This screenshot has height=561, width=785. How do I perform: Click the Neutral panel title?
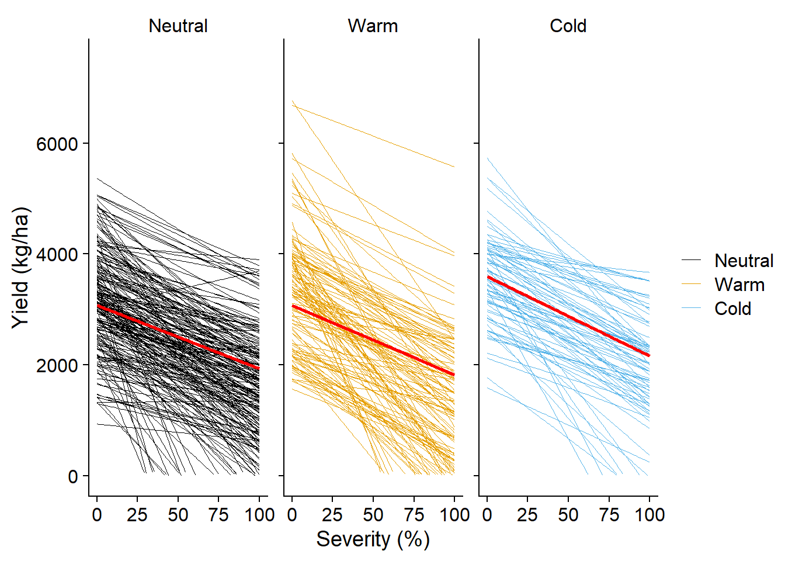click(x=178, y=26)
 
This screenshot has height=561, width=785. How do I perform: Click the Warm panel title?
click(x=373, y=26)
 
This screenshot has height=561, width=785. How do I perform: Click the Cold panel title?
click(x=568, y=26)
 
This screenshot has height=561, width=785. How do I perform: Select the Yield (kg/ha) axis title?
click(x=20, y=268)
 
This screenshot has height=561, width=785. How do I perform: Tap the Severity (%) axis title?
click(x=373, y=539)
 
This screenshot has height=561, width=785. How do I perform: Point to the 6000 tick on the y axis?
click(x=57, y=144)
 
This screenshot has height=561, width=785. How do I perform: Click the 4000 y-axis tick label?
click(x=57, y=255)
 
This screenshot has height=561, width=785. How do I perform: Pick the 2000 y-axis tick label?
click(x=57, y=365)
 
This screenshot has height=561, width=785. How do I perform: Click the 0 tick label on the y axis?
click(x=73, y=476)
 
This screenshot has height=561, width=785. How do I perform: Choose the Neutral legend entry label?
click(x=744, y=261)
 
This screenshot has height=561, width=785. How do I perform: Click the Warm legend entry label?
click(x=739, y=285)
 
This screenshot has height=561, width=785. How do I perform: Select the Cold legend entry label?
click(x=732, y=309)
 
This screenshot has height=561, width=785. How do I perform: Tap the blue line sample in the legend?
click(x=692, y=308)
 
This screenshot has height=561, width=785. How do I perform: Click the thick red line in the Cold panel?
click(x=568, y=316)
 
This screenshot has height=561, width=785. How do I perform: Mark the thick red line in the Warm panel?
click(x=373, y=340)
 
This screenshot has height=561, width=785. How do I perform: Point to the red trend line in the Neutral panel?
click(x=178, y=337)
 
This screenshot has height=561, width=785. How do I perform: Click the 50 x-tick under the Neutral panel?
click(x=178, y=515)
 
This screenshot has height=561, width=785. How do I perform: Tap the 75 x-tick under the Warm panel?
click(x=414, y=515)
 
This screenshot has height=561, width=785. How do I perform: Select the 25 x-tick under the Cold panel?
click(x=527, y=515)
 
